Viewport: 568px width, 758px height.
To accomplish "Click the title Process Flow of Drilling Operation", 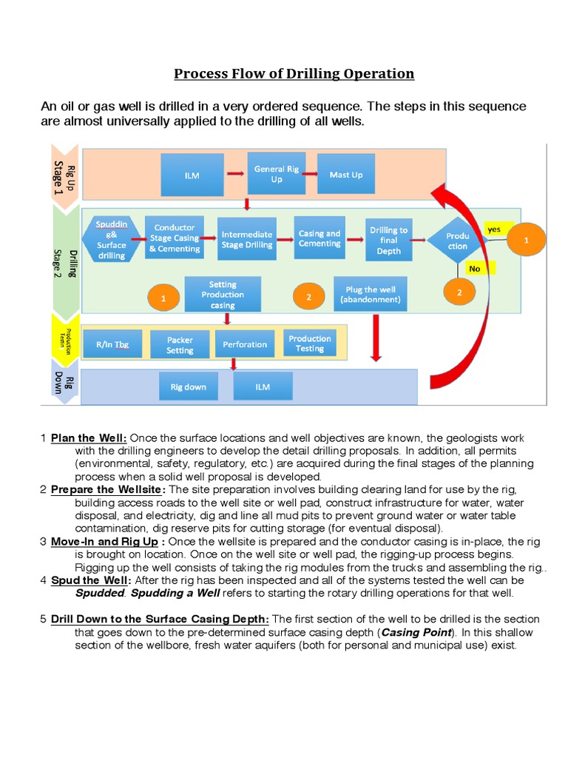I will (x=294, y=73).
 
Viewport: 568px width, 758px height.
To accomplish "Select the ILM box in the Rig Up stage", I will (x=192, y=175).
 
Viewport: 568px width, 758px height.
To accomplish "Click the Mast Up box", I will (x=345, y=175).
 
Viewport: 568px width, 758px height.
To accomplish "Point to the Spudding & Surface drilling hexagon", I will (x=112, y=239).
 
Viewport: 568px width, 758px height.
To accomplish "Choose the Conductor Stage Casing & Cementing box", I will (x=174, y=238).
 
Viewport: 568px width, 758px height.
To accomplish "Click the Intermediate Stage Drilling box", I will (x=247, y=239).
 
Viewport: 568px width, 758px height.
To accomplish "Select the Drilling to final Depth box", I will (x=388, y=240).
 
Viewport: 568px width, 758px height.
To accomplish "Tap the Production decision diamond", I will (x=457, y=241).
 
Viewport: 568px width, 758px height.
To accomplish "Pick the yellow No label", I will (x=475, y=269).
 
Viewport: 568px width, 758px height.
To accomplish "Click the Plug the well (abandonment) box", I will (x=371, y=295).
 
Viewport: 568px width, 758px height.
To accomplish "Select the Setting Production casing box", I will (x=223, y=295).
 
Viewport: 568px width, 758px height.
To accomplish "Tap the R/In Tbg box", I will (x=112, y=345).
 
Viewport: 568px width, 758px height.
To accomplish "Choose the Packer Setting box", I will (x=179, y=345).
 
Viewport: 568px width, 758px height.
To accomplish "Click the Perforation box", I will (x=245, y=344).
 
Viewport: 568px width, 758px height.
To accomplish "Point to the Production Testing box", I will (x=310, y=343).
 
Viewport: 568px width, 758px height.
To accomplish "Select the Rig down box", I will (x=189, y=386).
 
